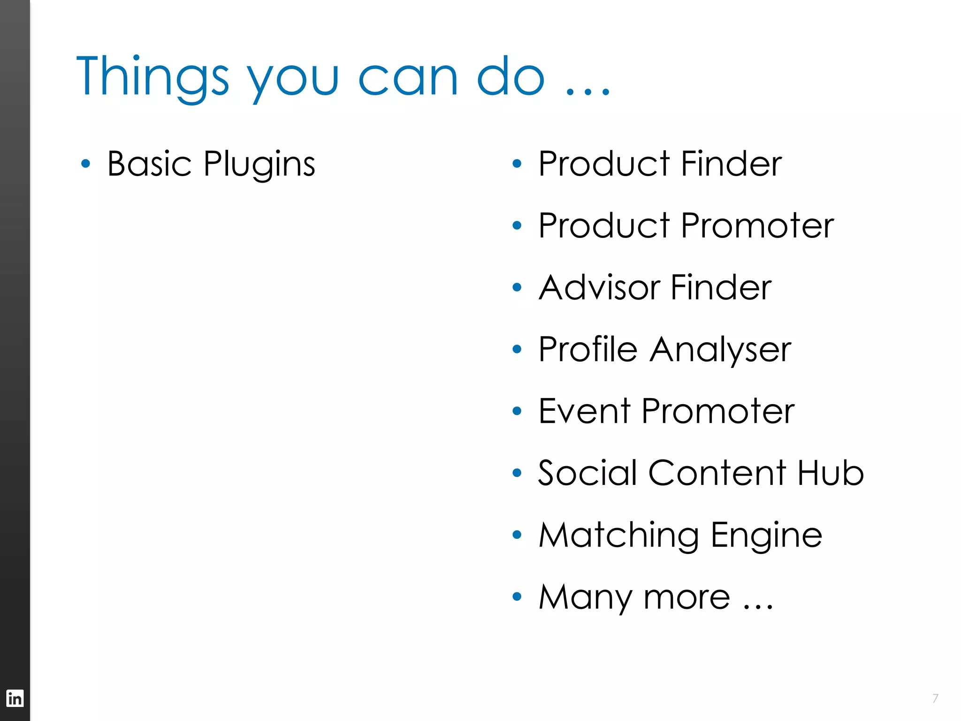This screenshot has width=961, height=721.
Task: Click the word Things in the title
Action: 153,77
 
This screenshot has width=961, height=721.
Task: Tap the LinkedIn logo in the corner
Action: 15,698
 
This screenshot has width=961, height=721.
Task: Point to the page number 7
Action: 935,698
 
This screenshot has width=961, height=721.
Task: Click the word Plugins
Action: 259,164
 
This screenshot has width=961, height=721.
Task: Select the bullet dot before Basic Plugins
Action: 85,164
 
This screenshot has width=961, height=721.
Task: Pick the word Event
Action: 584,411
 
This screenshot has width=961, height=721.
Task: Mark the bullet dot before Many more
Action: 517,597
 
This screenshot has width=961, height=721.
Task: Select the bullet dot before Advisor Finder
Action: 517,287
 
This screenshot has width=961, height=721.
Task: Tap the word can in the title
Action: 407,77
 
